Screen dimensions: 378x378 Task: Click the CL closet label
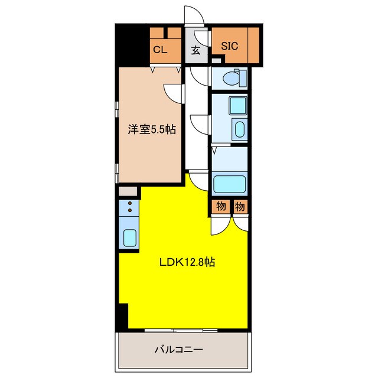(x=160, y=50)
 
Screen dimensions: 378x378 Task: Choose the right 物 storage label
(x=239, y=206)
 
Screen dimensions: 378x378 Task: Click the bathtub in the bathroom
(x=230, y=184)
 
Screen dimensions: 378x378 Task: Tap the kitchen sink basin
(x=128, y=237)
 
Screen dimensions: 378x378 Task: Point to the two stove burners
(x=128, y=208)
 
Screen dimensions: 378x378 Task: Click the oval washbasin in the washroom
(x=239, y=129)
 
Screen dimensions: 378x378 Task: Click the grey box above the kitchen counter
(x=128, y=191)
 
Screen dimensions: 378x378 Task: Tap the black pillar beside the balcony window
(x=122, y=317)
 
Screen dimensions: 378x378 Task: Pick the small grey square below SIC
(x=216, y=60)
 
